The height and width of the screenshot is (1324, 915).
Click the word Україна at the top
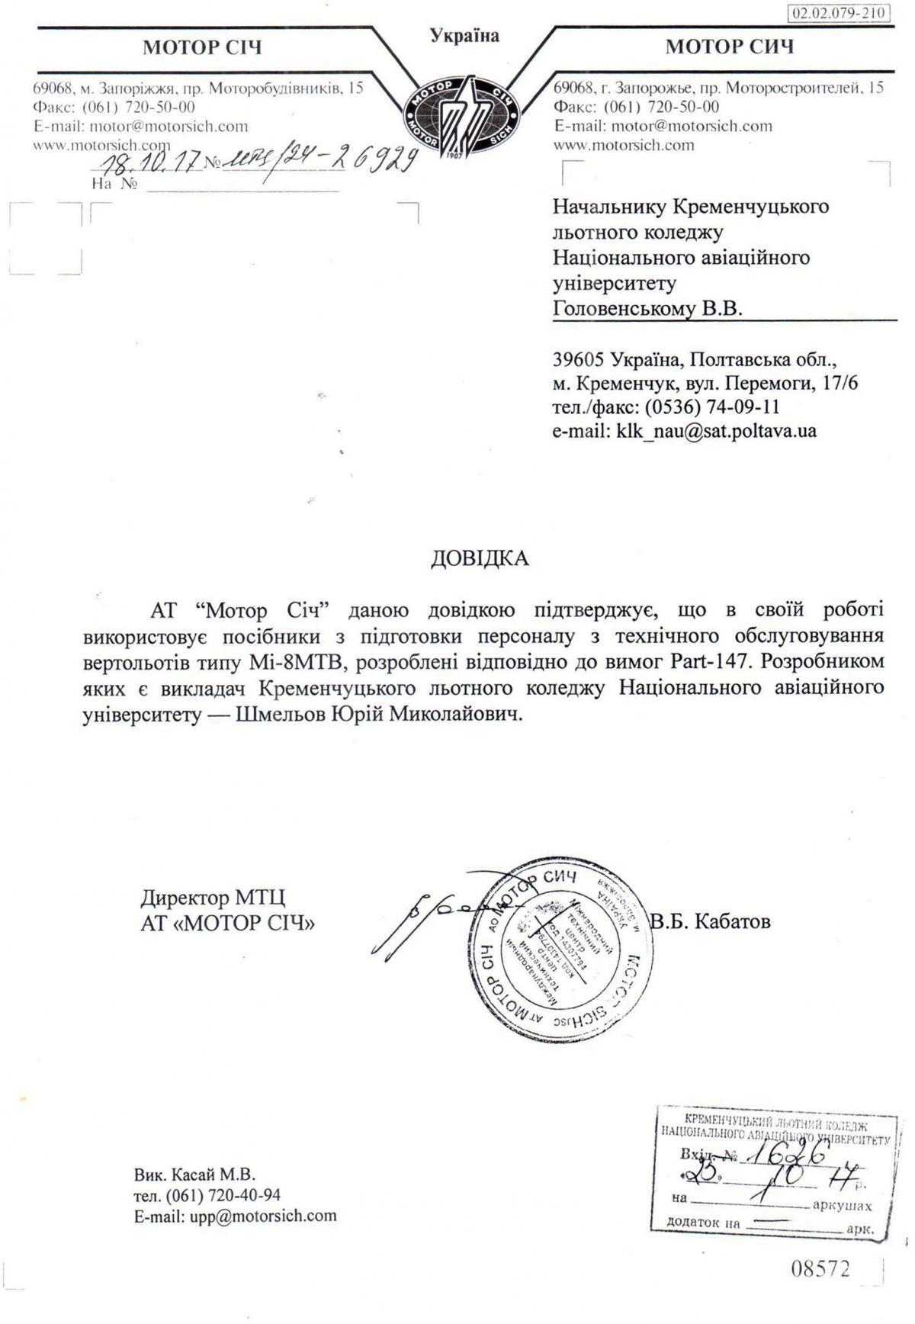coord(464,36)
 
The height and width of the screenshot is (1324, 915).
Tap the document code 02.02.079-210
coord(840,14)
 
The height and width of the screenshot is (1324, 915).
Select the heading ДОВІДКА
coord(480,558)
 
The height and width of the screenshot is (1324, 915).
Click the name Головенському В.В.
coord(647,308)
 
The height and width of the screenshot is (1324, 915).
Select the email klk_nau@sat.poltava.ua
coord(716,431)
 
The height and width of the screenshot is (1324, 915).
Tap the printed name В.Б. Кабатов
coord(710,921)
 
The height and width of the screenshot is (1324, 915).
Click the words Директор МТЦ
coord(213,898)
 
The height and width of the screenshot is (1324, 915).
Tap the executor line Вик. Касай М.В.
coord(194,1174)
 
